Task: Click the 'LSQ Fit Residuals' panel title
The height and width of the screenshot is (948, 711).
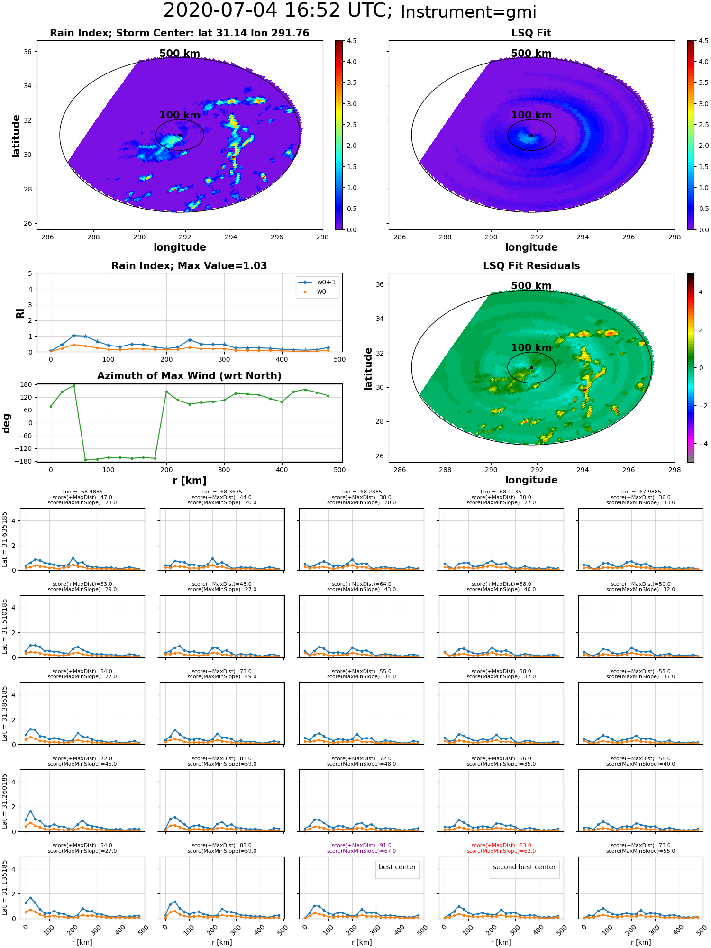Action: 531,266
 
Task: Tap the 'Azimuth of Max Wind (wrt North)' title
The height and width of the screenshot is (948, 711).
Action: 189,376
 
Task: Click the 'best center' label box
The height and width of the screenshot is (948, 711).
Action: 397,867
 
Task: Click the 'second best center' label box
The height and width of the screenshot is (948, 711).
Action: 524,867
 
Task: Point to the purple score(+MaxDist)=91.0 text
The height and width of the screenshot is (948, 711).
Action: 362,845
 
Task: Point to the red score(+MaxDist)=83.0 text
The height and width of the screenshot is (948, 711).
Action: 501,845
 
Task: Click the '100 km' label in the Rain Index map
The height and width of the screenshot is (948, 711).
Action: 180,115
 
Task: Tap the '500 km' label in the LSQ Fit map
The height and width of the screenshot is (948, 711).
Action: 531,54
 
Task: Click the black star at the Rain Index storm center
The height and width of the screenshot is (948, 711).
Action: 180,135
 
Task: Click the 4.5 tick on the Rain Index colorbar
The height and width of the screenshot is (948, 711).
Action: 352,41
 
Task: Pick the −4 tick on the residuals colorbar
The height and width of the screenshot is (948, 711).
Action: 701,444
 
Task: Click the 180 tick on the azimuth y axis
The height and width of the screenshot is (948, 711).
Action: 27,384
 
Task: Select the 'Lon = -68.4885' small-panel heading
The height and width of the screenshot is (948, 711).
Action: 82,492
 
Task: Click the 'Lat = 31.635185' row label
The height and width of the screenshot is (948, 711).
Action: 5,539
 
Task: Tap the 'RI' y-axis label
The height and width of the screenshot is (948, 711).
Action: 20,313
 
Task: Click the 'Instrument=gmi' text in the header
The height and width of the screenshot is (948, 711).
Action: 468,12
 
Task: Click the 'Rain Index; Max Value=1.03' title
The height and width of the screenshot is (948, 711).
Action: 189,266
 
